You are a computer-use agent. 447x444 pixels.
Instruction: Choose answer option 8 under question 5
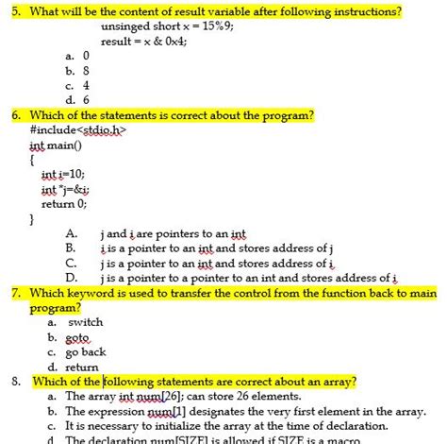tap(85, 70)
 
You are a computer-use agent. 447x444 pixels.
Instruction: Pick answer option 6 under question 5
tap(85, 98)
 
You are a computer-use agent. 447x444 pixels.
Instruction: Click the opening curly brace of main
tap(32, 160)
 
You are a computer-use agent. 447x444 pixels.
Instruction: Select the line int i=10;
tap(63, 175)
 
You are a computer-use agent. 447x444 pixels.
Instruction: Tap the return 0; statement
tap(64, 203)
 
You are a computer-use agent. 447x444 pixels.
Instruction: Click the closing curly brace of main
tap(32, 218)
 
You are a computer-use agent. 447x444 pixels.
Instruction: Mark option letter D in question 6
tap(71, 278)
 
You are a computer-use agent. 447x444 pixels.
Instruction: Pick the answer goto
tap(78, 337)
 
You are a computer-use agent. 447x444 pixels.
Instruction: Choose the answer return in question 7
tap(82, 367)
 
